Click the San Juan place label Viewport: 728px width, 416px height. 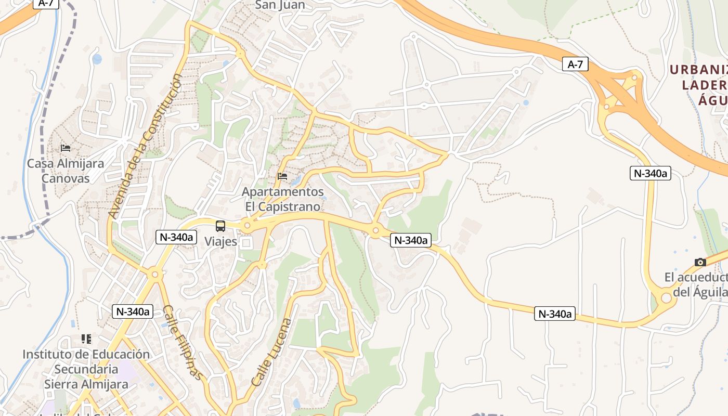tap(280, 5)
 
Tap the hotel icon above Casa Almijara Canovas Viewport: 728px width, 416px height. tap(66, 148)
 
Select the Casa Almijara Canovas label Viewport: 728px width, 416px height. tap(66, 171)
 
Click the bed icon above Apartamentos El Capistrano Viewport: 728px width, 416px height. tap(282, 176)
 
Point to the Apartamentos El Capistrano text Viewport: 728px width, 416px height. tap(282, 199)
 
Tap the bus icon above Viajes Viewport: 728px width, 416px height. tap(220, 226)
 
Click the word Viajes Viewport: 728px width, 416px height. tap(220, 241)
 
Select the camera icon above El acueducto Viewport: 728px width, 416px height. tap(700, 262)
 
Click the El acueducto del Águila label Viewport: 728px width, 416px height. tap(696, 285)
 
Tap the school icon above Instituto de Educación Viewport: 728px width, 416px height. tap(86, 339)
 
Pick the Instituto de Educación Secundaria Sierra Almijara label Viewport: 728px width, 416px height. tap(86, 369)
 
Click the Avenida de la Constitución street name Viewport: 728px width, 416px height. tap(145, 146)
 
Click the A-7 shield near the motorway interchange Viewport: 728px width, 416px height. tap(575, 64)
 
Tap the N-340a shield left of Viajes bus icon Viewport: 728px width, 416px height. tap(176, 237)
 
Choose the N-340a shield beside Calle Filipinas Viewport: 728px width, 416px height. tap(133, 311)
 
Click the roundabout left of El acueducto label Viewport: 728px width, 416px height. tap(666, 298)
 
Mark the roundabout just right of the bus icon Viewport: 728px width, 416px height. tap(247, 226)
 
